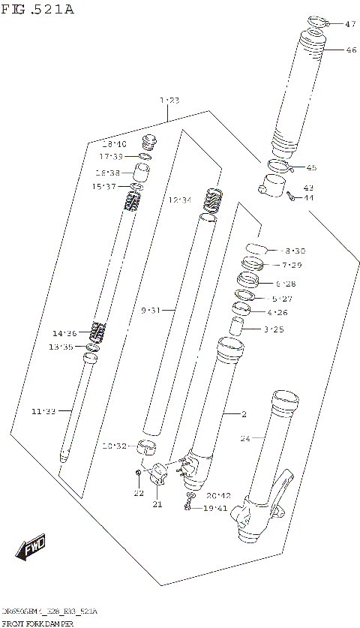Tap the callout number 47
pos(350,25)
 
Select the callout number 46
pos(350,50)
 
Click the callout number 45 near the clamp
pos(310,168)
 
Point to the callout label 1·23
pos(169,100)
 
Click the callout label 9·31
pos(150,310)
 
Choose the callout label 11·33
pos(43,410)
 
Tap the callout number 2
pos(244,413)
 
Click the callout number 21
pos(157,505)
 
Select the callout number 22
pos(138,493)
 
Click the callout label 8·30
pos(295,251)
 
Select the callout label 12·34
pos(180,200)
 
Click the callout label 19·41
pos(214,508)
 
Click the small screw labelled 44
pos(290,197)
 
